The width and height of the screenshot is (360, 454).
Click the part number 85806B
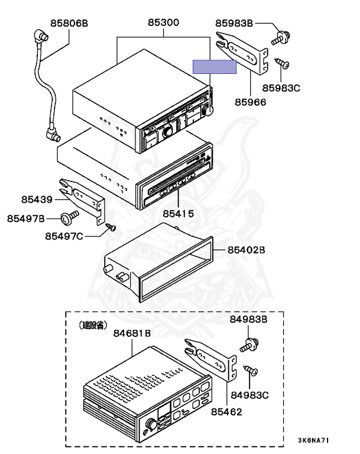coord(69,24)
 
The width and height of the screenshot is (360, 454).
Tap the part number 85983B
coord(234,24)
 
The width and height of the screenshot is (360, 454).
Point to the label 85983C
coord(281,88)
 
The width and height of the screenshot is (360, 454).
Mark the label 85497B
coord(26,219)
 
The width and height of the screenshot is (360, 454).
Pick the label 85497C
coord(64,236)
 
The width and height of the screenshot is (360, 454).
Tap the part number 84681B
coord(132,333)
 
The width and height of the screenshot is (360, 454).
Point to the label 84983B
coord(249,320)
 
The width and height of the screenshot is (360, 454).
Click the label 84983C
coord(250,394)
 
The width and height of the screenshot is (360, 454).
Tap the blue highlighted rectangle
coord(214,66)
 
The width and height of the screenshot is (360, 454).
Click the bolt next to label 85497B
coord(71,219)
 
